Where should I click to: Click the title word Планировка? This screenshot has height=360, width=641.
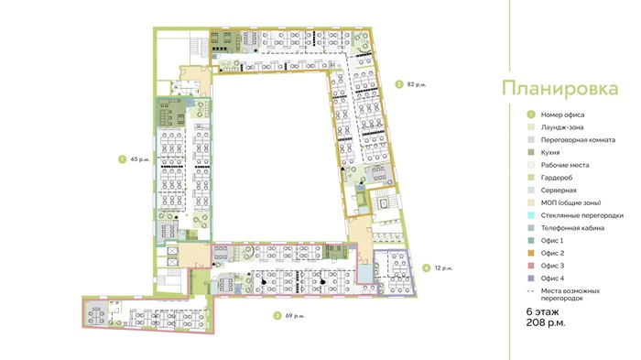560,89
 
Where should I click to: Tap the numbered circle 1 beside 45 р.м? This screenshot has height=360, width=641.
122,159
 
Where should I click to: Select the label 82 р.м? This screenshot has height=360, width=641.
417,84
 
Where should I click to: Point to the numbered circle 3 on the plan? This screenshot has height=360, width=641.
277,315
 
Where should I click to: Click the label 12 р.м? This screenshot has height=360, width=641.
443,268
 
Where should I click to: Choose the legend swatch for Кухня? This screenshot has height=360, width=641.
530,152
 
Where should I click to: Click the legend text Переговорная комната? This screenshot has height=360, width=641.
578,140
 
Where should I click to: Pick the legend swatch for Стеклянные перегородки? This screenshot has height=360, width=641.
530,215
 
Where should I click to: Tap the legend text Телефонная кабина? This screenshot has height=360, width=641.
572,228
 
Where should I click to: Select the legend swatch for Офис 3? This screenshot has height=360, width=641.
530,266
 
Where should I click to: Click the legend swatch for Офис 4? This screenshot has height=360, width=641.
530,278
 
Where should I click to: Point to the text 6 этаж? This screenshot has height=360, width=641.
542,311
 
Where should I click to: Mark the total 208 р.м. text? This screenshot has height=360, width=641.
546,322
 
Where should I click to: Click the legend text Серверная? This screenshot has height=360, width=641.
559,191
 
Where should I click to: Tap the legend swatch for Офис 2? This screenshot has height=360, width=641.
530,253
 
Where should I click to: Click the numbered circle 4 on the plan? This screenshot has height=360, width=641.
427,268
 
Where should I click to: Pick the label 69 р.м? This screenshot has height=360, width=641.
295,316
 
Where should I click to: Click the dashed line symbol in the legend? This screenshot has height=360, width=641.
530,291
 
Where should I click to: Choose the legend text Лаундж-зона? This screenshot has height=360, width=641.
562,127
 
